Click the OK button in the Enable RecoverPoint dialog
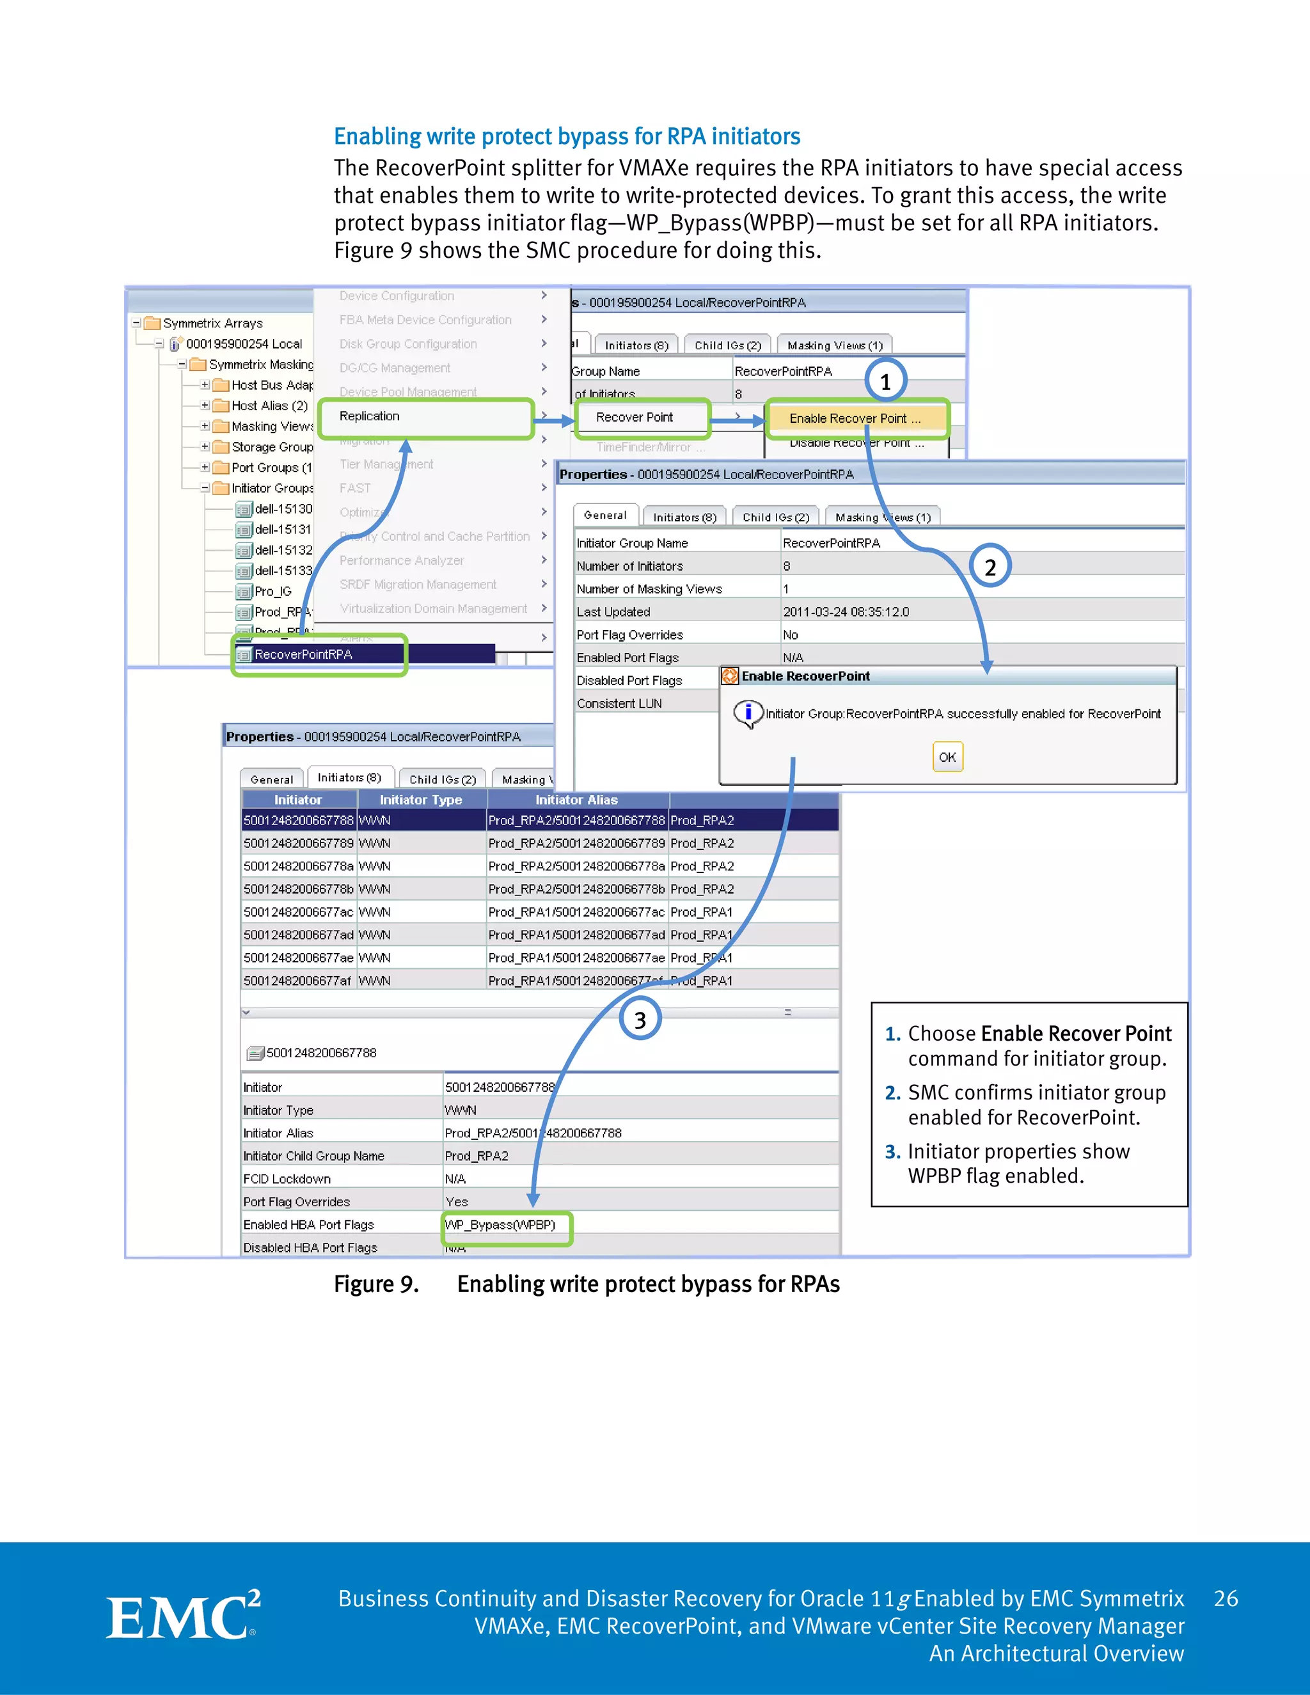click(x=947, y=757)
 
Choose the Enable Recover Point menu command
click(x=855, y=418)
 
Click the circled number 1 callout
click(x=885, y=381)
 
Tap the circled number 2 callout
click(x=990, y=567)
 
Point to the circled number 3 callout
click(x=640, y=1020)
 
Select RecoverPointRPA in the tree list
click(x=303, y=655)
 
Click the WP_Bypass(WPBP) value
click(x=501, y=1225)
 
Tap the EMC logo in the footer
click(x=183, y=1618)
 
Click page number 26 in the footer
click(x=1226, y=1599)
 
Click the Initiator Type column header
click(x=421, y=800)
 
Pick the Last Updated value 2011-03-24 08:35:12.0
click(x=846, y=611)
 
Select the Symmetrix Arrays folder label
click(x=212, y=324)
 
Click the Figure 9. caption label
click(x=376, y=1284)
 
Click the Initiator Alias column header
click(x=576, y=800)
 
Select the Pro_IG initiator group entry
click(x=273, y=592)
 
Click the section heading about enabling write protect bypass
click(x=567, y=137)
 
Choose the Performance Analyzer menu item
click(x=401, y=560)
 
